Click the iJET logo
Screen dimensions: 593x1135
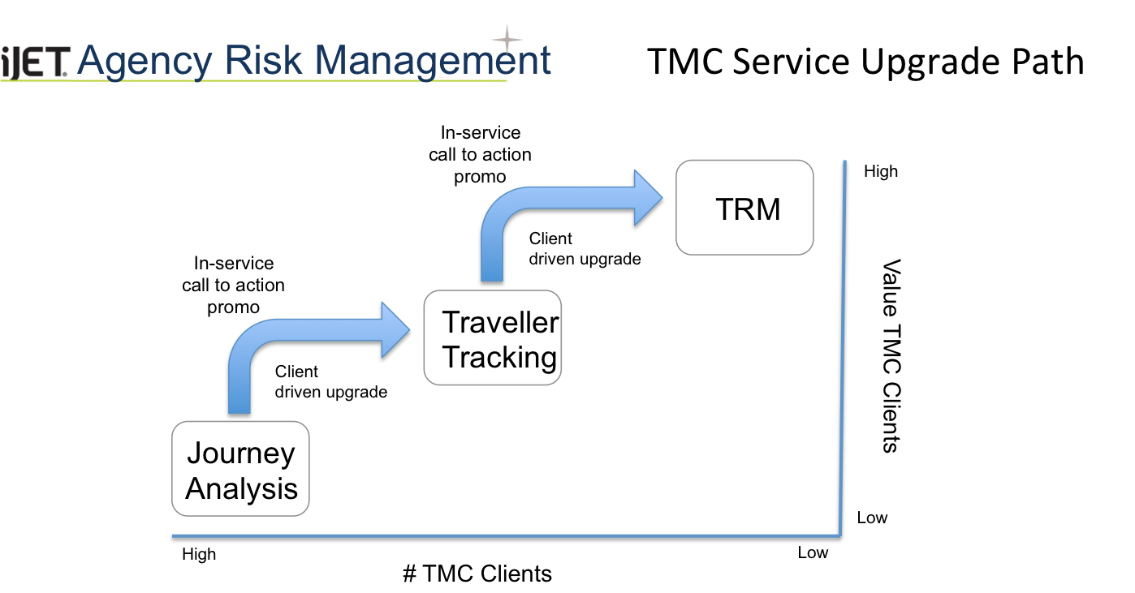coord(37,62)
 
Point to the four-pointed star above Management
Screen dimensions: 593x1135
coord(507,38)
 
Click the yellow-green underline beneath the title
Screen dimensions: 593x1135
coord(260,81)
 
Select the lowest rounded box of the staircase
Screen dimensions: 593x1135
coord(240,468)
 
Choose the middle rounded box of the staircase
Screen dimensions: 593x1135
coord(492,337)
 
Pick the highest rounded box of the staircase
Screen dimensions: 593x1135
coord(744,207)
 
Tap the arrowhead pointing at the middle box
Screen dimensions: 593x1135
coord(396,329)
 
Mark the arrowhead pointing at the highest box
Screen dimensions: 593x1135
coord(649,197)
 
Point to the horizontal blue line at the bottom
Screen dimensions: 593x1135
coord(503,535)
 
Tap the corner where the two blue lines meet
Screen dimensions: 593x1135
coord(840,535)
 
